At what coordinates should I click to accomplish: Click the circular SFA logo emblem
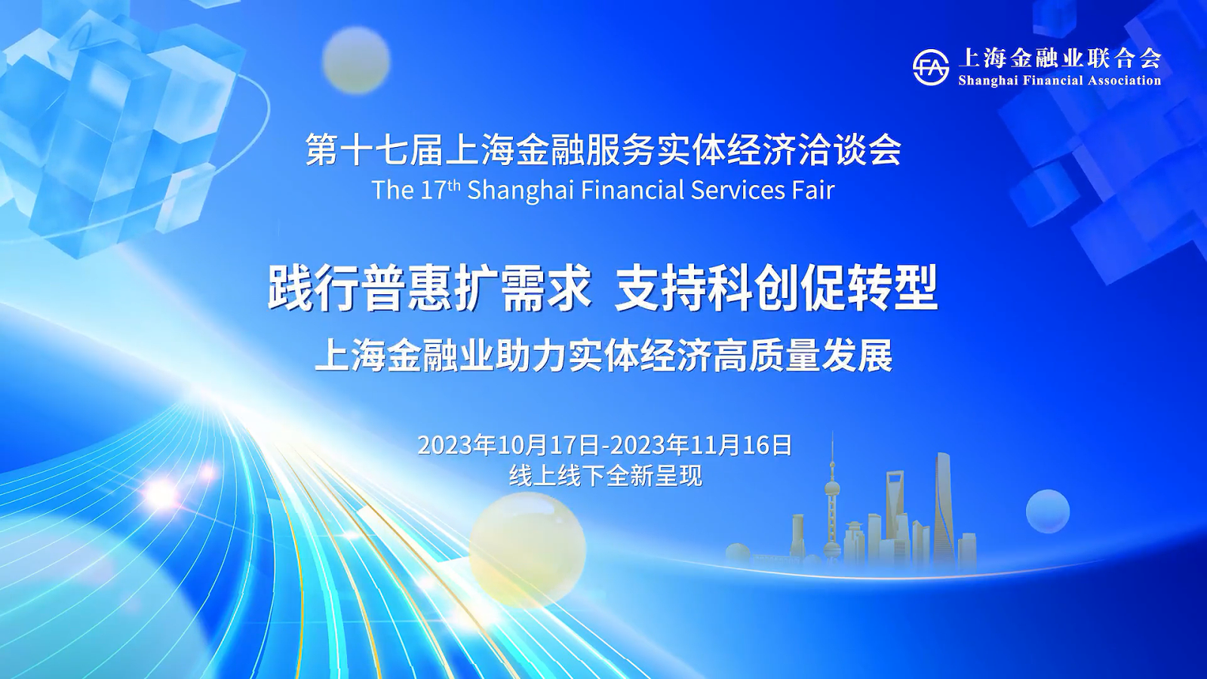pyautogui.click(x=931, y=68)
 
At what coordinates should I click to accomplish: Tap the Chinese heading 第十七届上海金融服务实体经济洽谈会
pyautogui.click(x=603, y=149)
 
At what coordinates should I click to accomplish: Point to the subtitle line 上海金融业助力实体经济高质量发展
pyautogui.click(x=603, y=355)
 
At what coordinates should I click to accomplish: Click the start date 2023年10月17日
pyautogui.click(x=508, y=446)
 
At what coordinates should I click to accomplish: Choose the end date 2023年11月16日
pyautogui.click(x=701, y=446)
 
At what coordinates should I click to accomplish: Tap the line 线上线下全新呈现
pyautogui.click(x=606, y=476)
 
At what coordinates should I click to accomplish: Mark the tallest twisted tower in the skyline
pyautogui.click(x=944, y=506)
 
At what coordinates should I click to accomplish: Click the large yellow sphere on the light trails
pyautogui.click(x=527, y=551)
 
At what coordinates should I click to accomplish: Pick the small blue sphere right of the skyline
pyautogui.click(x=1048, y=512)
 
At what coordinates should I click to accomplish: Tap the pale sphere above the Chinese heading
pyautogui.click(x=356, y=60)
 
